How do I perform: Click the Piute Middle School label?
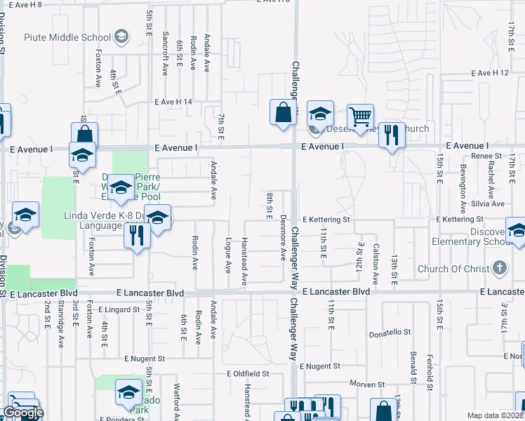coord(67,37)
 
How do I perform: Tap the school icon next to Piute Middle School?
coord(121,36)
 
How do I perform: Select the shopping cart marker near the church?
coord(360,117)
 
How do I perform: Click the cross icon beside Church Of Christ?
coord(499,268)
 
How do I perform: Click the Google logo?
coord(22,413)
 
